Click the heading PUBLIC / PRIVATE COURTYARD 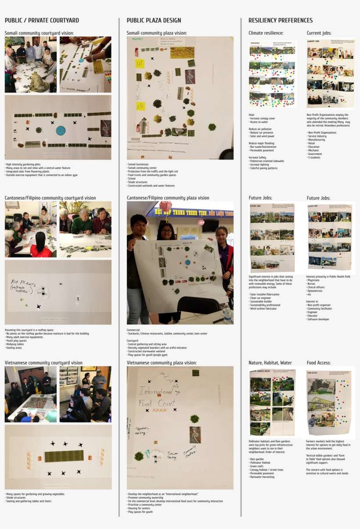click(x=42, y=21)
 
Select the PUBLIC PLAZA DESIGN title click(x=154, y=21)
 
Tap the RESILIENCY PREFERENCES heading click(x=281, y=21)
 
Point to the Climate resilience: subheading click(x=266, y=33)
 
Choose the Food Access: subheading click(x=318, y=363)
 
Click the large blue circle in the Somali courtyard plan click(x=61, y=130)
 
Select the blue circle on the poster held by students click(x=188, y=262)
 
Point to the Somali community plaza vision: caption click(x=156, y=33)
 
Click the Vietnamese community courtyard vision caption click(x=43, y=363)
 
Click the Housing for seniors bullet click(x=139, y=508)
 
